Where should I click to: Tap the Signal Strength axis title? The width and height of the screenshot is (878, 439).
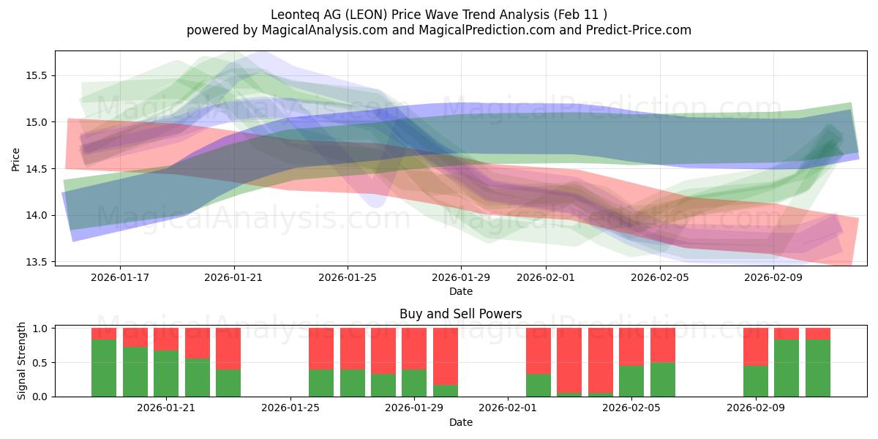pyautogui.click(x=21, y=361)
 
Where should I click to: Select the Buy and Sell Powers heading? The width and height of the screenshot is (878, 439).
pyautogui.click(x=460, y=314)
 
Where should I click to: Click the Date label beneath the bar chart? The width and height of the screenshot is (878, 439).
pyautogui.click(x=460, y=422)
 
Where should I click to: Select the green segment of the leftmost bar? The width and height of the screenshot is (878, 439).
pyautogui.click(x=104, y=368)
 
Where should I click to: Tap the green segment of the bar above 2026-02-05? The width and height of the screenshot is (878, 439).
pyautogui.click(x=631, y=381)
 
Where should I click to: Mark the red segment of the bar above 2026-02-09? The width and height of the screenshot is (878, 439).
pyautogui.click(x=755, y=347)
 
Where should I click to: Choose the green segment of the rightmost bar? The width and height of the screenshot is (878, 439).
pyautogui.click(x=817, y=368)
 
